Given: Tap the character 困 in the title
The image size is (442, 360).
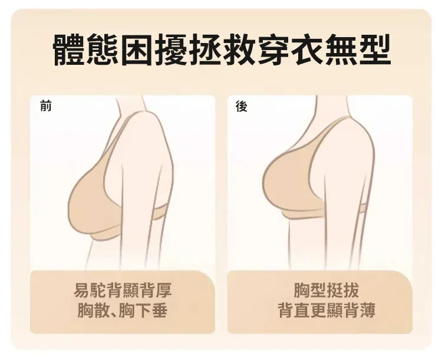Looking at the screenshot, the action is (137, 49).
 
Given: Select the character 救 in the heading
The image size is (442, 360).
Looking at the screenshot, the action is (239, 49).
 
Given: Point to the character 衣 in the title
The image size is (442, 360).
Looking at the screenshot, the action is (306, 49).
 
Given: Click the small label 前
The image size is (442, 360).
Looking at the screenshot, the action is (45, 106).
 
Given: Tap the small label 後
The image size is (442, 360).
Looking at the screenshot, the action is (242, 107).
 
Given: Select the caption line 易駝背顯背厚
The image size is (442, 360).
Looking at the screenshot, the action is (123, 290).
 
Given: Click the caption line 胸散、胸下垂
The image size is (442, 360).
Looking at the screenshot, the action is (123, 310).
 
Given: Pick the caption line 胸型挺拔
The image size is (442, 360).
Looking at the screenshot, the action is (326, 290).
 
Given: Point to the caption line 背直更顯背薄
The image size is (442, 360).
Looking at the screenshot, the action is (326, 310).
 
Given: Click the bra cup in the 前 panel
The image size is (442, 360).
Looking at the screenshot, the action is (90, 203).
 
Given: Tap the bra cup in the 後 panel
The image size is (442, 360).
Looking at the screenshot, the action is (288, 183).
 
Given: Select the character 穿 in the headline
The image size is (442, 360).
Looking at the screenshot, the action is (273, 49).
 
